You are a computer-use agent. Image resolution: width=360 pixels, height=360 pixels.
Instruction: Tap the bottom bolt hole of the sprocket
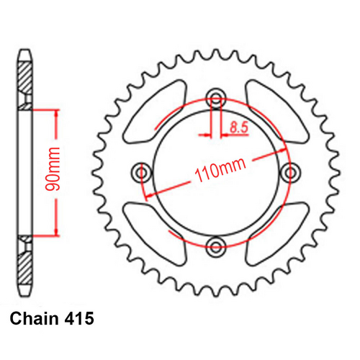point(215,248)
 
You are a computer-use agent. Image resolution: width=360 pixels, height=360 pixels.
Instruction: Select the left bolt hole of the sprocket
point(140,172)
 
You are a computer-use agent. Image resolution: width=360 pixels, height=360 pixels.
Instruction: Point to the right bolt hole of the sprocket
point(291,172)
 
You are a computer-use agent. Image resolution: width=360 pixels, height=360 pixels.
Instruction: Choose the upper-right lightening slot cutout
point(276,112)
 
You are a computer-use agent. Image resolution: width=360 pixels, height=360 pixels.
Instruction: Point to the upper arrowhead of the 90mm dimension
point(55,112)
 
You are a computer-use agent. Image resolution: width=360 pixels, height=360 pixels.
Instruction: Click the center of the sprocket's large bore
point(215,172)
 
